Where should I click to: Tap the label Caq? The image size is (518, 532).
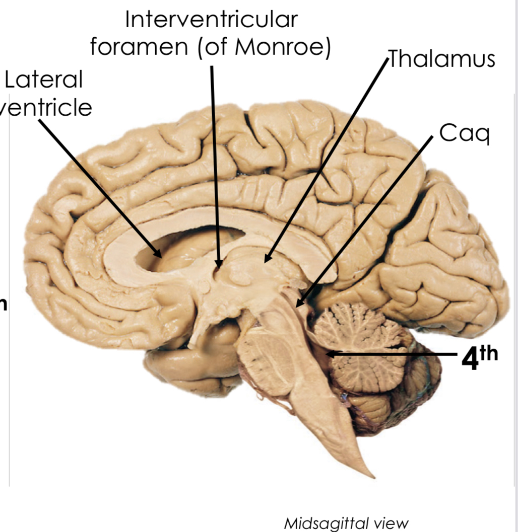[x=464, y=133]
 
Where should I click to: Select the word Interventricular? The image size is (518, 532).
[x=211, y=20]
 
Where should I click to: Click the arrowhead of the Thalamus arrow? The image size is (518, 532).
[x=266, y=260]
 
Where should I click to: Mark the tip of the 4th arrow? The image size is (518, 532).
[x=329, y=354]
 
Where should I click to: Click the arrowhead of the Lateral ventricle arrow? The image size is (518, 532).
[x=160, y=256]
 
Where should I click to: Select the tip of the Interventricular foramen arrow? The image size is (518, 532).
[x=218, y=265]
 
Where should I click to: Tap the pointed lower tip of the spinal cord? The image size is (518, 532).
[x=372, y=476]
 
